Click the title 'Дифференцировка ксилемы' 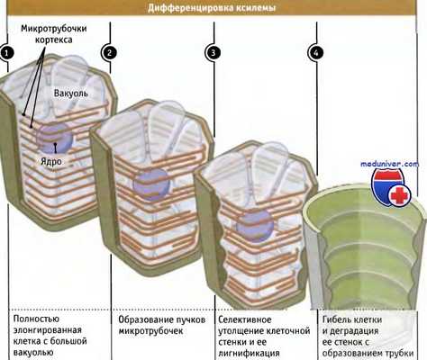tap(213, 8)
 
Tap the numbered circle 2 tap(109, 52)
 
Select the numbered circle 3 tap(213, 52)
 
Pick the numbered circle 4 tap(315, 52)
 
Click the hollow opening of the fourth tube tap(360, 220)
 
